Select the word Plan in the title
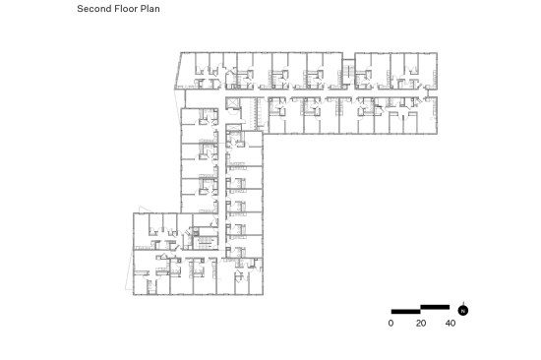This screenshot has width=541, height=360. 150,9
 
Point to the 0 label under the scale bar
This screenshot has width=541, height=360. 391,323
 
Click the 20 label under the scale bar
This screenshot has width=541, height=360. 421,323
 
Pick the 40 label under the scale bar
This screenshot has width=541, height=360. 451,323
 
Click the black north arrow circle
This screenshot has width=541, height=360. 463,311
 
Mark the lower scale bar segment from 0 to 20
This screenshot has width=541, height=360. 405,312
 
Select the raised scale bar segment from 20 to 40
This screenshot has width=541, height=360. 435,307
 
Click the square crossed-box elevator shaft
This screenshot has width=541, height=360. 232,104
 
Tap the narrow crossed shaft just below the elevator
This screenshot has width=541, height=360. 233,128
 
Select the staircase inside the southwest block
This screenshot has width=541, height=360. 205,243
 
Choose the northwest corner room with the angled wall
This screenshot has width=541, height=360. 186,71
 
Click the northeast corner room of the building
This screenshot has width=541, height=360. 428,71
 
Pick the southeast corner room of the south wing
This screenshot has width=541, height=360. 256,281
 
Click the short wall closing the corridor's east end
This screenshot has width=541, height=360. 428,93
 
